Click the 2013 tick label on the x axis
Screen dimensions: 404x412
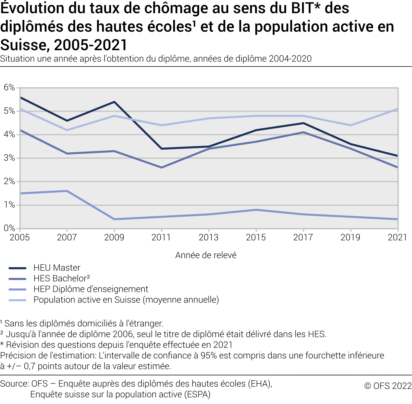click(x=209, y=237)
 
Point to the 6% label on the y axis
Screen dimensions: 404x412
click(x=9, y=87)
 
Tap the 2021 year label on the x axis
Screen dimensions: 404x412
click(x=397, y=237)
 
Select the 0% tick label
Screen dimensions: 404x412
click(x=9, y=228)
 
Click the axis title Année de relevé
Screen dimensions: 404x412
click(x=206, y=255)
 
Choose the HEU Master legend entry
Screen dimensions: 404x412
click(x=57, y=268)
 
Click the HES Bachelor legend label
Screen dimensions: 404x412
click(x=62, y=278)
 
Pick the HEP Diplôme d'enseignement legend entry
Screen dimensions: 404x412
click(x=91, y=289)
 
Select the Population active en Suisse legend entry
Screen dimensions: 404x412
click(x=126, y=300)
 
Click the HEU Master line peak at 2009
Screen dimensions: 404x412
click(x=114, y=102)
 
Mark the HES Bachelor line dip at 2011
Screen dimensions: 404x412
click(x=162, y=167)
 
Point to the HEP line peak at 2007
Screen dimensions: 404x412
click(x=67, y=191)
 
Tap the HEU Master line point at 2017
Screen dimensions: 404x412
click(x=303, y=123)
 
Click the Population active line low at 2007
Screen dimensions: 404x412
click(x=67, y=130)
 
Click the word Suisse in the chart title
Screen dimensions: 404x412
click(x=24, y=45)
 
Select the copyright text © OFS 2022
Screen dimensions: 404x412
click(x=388, y=386)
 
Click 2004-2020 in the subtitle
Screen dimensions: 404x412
click(x=290, y=59)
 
